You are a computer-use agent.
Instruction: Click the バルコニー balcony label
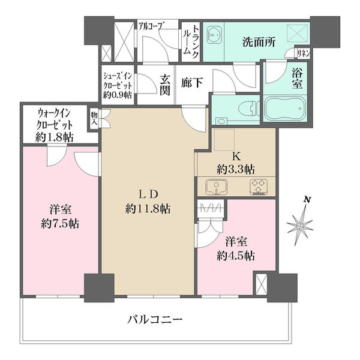click(x=155, y=319)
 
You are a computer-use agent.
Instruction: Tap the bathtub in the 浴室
click(x=285, y=109)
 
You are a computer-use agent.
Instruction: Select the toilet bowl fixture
click(x=248, y=109)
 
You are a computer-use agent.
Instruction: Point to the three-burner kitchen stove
click(x=259, y=187)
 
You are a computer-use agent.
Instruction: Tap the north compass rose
click(x=300, y=226)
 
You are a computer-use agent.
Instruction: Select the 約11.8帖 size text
click(x=148, y=209)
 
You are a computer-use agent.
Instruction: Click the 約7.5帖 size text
click(x=60, y=223)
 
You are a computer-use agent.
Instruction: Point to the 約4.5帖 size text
click(x=236, y=256)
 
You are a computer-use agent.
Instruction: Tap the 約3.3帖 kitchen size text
click(x=236, y=170)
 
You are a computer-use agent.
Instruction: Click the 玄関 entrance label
click(x=165, y=85)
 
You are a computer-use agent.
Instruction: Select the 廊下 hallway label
click(x=192, y=82)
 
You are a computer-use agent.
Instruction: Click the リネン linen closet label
click(x=304, y=54)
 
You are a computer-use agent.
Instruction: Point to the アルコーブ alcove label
click(x=151, y=26)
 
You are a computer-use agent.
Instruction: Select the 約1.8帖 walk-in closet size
click(x=55, y=137)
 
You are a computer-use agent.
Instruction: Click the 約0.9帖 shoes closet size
click(x=118, y=95)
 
